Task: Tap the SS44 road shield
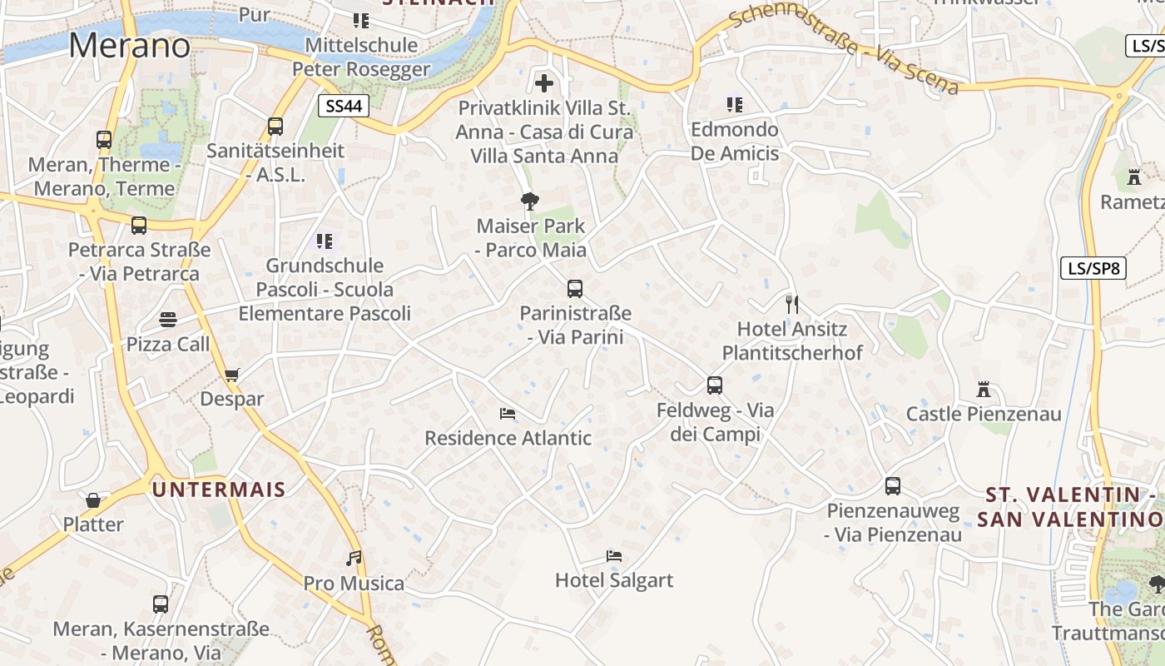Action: click(x=343, y=106)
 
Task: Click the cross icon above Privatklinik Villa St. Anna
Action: click(x=544, y=83)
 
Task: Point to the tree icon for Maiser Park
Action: click(x=529, y=201)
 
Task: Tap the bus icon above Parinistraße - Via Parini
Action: click(x=574, y=289)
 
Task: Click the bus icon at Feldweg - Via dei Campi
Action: click(x=714, y=385)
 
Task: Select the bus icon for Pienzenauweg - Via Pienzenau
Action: click(x=893, y=486)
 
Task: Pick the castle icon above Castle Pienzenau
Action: click(x=984, y=389)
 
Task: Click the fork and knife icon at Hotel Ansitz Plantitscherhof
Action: click(x=791, y=304)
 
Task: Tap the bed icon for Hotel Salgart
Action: click(x=614, y=555)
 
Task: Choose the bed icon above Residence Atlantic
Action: click(x=508, y=413)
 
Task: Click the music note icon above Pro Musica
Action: click(x=354, y=558)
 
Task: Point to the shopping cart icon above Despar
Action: click(x=231, y=375)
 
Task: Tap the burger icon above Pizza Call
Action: click(x=168, y=320)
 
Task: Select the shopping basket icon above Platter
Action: click(x=93, y=500)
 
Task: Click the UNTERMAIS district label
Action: click(x=219, y=490)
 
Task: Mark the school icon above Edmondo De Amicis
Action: click(x=734, y=104)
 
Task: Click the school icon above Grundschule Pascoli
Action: click(x=324, y=241)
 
